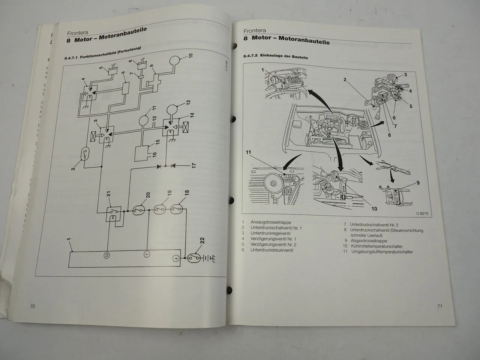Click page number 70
[x=32, y=306]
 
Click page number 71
[x=440, y=306]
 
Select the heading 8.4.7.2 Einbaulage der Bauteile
[x=275, y=57]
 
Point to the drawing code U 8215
[x=421, y=213]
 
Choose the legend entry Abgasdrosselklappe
[x=369, y=241]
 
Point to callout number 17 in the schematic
[x=194, y=165]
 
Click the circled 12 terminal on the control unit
[x=107, y=255]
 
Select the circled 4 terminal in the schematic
[x=175, y=258]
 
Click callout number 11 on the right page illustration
[x=248, y=153]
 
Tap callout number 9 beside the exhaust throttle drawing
[x=418, y=183]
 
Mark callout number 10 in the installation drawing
[x=374, y=208]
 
